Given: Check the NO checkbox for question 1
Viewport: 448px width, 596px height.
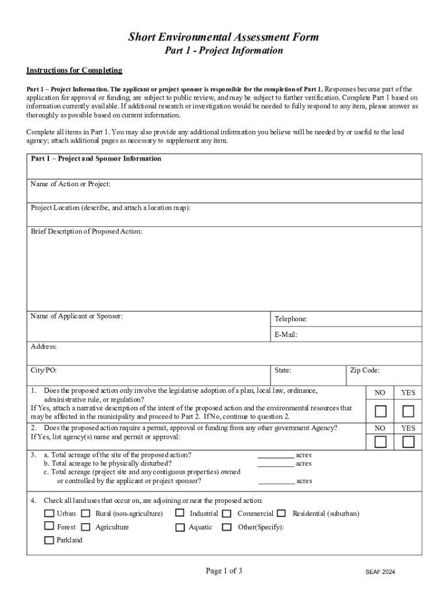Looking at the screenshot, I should tap(380, 412).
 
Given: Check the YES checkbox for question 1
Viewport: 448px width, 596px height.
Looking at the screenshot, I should tap(408, 412).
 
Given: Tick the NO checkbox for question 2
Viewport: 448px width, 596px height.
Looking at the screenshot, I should tap(380, 442).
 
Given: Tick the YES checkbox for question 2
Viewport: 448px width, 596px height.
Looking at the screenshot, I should tap(408, 442).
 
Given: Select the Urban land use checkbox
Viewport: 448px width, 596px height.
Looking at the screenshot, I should tap(49, 513).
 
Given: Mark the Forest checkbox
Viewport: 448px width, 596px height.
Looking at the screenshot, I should tap(49, 527).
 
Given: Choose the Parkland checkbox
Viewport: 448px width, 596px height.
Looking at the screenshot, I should tap(49, 540).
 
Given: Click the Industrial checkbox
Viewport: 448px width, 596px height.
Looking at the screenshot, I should tap(180, 513).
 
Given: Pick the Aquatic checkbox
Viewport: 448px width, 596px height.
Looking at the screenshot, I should tap(180, 527).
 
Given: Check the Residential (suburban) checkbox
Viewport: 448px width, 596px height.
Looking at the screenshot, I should tap(282, 513).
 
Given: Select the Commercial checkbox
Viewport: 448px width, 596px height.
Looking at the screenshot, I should tap(227, 513).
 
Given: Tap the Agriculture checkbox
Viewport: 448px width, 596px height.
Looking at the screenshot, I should tap(86, 527).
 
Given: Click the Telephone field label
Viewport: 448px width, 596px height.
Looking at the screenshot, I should tap(290, 319).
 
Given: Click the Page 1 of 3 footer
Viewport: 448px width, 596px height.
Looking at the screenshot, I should tap(224, 571).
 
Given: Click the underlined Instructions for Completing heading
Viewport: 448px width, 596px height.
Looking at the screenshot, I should tap(74, 70).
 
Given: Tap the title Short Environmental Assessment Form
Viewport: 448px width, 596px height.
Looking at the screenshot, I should tap(223, 37).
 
